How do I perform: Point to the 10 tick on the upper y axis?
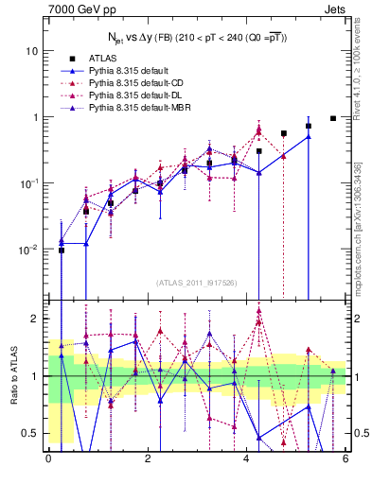(x=32, y=50)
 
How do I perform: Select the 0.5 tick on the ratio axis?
(x=30, y=434)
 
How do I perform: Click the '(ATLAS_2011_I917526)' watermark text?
(x=196, y=282)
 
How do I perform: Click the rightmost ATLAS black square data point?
(x=333, y=118)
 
